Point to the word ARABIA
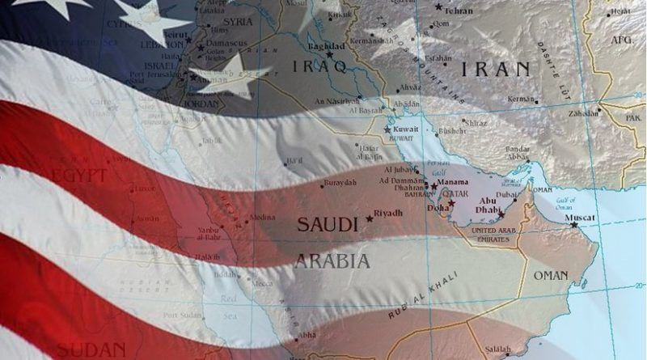[x=332, y=261]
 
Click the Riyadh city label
[x=388, y=214]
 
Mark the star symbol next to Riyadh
[x=370, y=218]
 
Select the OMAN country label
[x=550, y=276]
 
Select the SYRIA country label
[x=237, y=21]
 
